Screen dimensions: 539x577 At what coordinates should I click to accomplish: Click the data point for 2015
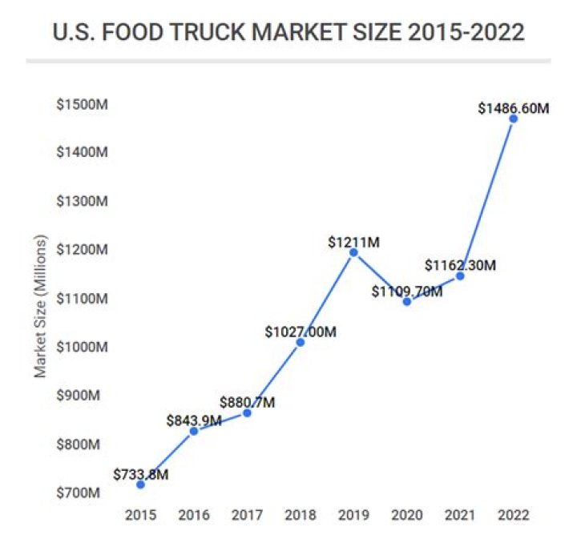coord(141,484)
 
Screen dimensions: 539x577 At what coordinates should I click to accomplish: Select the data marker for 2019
coord(353,252)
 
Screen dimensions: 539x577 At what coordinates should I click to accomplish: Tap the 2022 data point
coord(514,119)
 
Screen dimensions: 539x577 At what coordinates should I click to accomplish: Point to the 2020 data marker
coord(407,301)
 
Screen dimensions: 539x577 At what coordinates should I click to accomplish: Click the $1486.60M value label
coord(513,107)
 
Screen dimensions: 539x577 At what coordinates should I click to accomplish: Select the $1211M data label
coord(353,241)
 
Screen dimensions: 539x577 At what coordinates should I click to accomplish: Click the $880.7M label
coord(248,402)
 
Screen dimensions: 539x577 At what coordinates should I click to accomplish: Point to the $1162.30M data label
coord(461,264)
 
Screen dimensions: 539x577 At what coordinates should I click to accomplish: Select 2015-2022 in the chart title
coord(459,33)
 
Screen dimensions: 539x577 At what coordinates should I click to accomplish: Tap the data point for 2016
coord(194,431)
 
